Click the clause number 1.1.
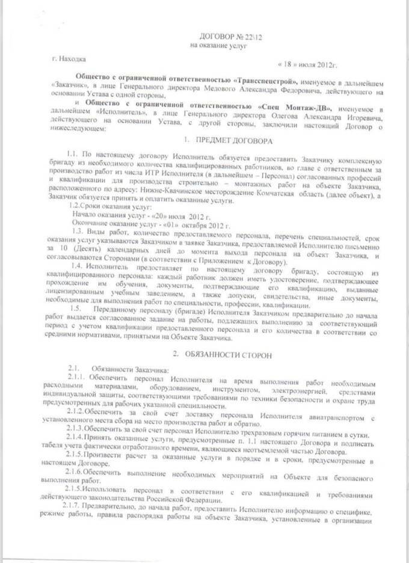tap(73, 155)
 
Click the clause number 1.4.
tap(78, 265)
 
